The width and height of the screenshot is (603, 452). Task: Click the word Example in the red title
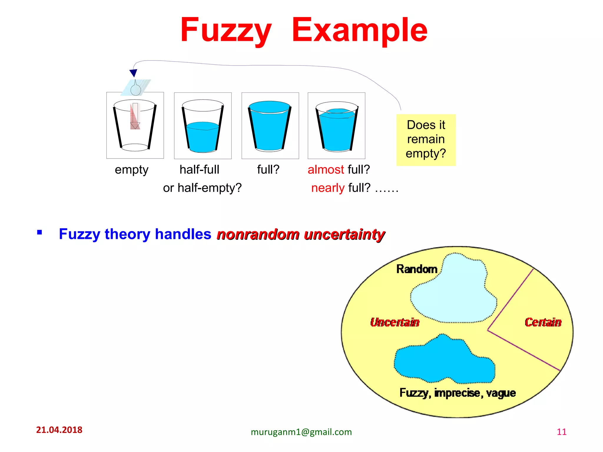coord(360,30)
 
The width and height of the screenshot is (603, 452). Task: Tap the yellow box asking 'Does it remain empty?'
coord(426,140)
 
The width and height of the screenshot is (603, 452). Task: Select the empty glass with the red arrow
coord(135,126)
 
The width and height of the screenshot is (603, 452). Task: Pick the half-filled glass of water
coord(203,126)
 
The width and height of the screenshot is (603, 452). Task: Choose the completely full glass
coord(270,126)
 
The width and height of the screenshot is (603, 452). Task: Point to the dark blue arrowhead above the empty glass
coord(133,73)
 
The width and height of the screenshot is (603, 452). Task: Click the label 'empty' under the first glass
coord(132,170)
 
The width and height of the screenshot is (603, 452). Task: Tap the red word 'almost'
coord(326,169)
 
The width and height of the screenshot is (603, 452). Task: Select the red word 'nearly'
coord(328,188)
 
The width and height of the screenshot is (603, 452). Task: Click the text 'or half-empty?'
coord(202,188)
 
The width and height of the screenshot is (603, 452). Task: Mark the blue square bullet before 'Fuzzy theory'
coord(39,233)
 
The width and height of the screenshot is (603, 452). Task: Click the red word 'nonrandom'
coord(258,235)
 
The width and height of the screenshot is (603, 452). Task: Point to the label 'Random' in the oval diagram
coord(417,269)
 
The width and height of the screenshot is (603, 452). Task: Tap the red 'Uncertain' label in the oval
coord(395,322)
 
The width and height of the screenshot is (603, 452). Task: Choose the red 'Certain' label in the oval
coord(543,322)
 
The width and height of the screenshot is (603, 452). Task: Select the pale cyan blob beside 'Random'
coord(455,291)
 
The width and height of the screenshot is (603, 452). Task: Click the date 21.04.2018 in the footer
coord(59,430)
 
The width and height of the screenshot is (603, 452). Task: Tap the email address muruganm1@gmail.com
coord(301,432)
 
